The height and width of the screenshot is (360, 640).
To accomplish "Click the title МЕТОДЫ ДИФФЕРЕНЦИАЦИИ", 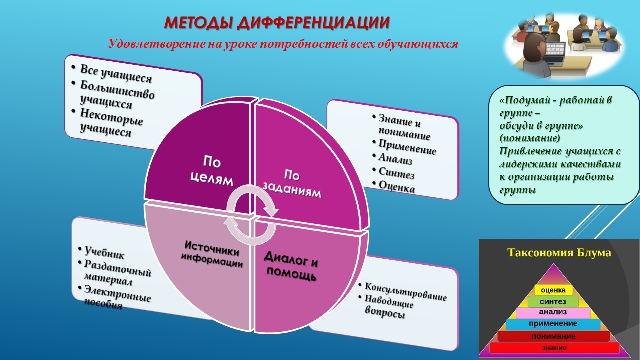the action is click(x=277, y=23).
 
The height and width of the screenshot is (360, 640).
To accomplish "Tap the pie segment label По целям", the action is click(x=212, y=171).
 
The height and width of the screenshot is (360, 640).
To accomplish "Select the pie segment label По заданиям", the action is click(x=292, y=183).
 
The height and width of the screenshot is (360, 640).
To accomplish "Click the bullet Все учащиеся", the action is click(x=115, y=73).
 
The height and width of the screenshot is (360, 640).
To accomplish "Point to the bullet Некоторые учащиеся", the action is click(x=111, y=123).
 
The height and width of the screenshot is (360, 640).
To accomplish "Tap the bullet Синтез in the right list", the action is click(x=396, y=173).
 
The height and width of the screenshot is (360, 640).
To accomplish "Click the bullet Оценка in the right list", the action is click(x=397, y=187).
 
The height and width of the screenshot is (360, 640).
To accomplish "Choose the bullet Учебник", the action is click(x=104, y=253).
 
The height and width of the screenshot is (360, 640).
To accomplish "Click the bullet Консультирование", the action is click(x=405, y=292).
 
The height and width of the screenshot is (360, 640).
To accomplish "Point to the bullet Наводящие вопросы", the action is click(x=389, y=306).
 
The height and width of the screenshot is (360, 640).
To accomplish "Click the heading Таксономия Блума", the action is click(x=559, y=253).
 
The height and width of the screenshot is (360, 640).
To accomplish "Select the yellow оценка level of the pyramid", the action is click(x=553, y=290).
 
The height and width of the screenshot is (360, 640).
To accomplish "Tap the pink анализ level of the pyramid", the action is click(x=553, y=312).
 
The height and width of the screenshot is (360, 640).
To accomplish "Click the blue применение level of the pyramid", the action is click(x=553, y=324).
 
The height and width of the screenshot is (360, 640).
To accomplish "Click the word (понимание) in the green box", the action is click(x=530, y=138).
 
